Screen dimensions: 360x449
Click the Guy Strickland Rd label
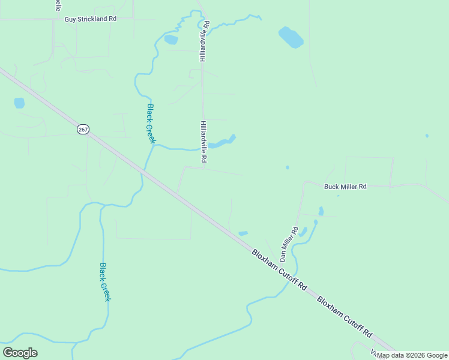coord(90,19)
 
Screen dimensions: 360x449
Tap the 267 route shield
coord(83,129)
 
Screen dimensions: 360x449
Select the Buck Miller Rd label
coord(345,187)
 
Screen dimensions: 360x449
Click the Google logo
coord(20,353)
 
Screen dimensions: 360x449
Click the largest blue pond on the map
coord(291,37)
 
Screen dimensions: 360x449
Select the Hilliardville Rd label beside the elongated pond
coord(203,142)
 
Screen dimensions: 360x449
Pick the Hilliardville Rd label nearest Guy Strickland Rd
coord(204,41)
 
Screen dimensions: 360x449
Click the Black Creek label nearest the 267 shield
coord(151,124)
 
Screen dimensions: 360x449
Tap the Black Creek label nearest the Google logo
coord(105,282)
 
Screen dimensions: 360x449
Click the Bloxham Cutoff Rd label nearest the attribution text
coord(345,316)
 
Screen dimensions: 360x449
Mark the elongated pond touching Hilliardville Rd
coord(221,143)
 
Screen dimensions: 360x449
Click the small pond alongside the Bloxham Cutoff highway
coord(243,233)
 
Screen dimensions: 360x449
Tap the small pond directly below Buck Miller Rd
coord(321,211)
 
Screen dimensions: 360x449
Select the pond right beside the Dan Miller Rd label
coord(303,232)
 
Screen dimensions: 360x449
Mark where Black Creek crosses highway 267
coord(143,170)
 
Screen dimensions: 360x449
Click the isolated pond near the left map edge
coord(19,103)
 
